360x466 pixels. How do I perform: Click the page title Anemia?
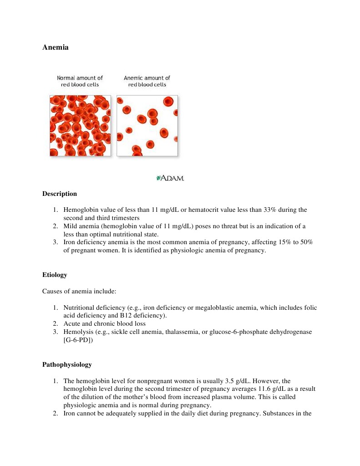pos(56,47)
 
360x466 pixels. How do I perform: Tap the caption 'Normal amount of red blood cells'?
pos(80,81)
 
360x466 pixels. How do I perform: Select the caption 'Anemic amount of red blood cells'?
pos(147,81)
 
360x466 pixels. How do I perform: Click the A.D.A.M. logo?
pos(170,178)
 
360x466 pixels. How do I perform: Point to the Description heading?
pos(60,194)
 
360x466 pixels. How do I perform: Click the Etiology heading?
pos(55,275)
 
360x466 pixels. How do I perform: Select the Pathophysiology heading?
pos(67,364)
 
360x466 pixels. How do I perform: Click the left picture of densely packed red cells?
pos(80,125)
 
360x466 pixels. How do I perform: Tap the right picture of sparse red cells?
pos(147,125)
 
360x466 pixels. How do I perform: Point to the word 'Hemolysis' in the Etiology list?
pos(77,332)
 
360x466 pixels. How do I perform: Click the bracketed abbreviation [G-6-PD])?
pos(78,340)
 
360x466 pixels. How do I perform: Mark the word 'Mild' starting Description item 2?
pos(71,226)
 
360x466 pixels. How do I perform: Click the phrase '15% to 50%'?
pos(297,242)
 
